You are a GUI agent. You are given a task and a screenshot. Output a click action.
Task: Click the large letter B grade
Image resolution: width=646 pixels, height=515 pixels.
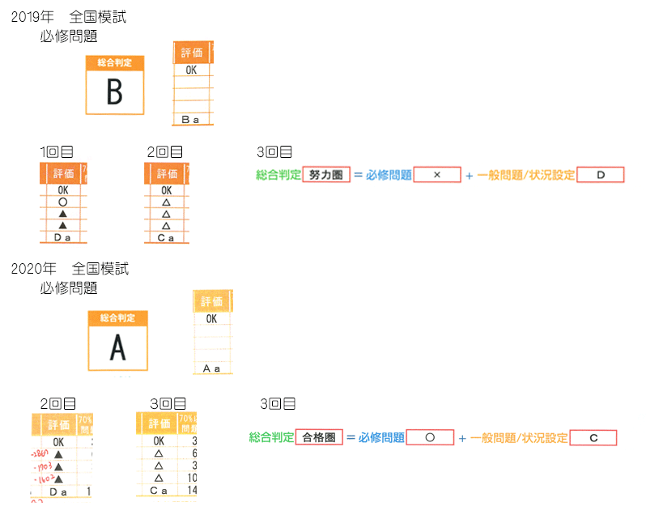115,92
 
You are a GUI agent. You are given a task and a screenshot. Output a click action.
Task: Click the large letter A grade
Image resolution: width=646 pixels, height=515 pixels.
118,348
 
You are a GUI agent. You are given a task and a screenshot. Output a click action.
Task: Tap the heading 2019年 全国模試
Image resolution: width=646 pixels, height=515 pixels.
68,17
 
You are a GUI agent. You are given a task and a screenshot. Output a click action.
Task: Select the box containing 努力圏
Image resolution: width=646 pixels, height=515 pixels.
325,174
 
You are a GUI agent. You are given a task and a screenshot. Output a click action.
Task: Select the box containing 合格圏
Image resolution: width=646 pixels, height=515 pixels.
319,437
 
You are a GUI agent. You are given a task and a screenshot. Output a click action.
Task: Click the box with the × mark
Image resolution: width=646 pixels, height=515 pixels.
437,175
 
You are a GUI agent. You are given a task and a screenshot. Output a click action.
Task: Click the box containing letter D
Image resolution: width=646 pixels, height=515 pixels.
601,175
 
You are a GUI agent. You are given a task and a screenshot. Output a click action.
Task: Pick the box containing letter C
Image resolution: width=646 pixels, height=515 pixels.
593,438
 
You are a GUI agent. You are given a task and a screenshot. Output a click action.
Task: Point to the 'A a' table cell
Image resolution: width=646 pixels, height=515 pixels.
211,368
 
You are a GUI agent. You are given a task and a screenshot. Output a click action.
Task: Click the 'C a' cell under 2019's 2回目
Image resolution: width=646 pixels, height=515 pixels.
166,237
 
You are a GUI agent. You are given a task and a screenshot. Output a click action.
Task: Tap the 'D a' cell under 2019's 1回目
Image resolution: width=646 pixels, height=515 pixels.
62,237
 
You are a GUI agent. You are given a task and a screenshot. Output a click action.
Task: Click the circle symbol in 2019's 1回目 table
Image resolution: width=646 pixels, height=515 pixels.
63,202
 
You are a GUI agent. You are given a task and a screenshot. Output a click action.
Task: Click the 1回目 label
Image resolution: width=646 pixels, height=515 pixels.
57,151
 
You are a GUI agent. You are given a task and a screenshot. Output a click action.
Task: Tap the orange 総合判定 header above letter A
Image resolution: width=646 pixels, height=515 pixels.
118,317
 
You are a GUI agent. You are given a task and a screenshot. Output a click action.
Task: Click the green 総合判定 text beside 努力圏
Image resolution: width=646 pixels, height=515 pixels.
278,175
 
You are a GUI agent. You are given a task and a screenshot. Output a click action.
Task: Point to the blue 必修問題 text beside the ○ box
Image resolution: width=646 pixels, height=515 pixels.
380,438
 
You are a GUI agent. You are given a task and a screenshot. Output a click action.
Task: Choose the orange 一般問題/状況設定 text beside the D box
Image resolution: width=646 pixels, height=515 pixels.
525,175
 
